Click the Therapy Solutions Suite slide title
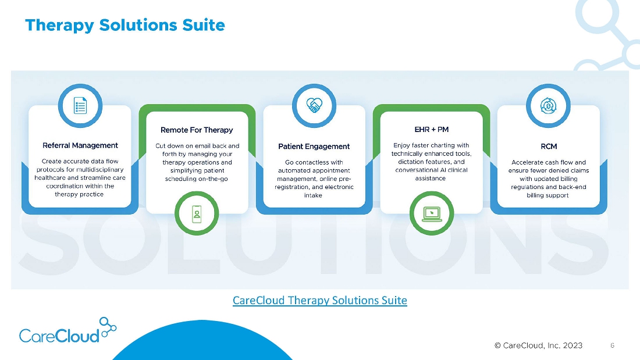click(125, 26)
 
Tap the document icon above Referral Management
click(80, 106)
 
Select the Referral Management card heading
click(80, 145)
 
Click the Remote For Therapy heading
click(197, 130)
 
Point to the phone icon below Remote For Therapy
click(197, 213)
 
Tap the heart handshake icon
click(314, 106)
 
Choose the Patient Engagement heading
click(314, 146)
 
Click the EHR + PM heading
click(432, 129)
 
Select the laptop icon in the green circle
click(432, 214)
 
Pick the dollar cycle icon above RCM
click(548, 106)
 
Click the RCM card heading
click(549, 146)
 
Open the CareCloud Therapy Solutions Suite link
click(320, 301)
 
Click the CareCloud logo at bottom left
click(67, 330)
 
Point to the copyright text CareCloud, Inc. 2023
click(538, 345)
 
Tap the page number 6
click(612, 345)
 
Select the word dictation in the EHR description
click(413, 162)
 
